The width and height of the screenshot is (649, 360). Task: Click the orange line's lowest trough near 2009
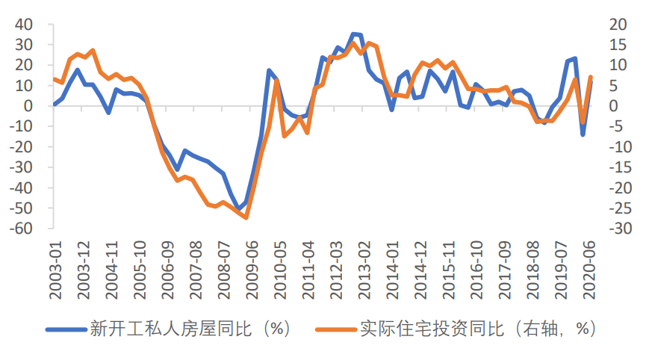point(246,217)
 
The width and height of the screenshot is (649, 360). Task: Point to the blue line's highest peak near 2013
point(354,34)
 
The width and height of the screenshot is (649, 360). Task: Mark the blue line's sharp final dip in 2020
point(583,134)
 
